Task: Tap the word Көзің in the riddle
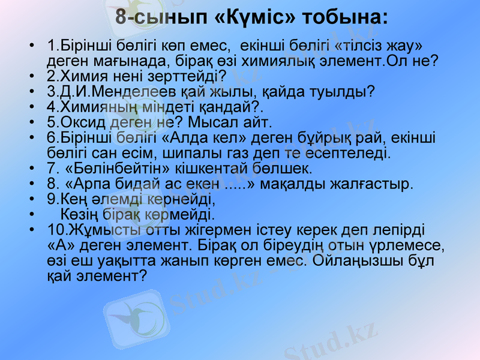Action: pos(80,214)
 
